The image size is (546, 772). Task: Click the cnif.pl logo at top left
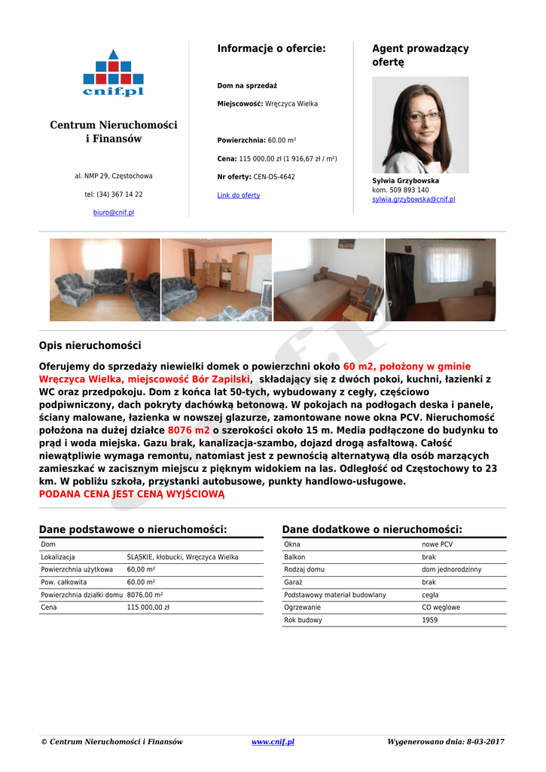[113, 74]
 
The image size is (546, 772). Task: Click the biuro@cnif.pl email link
[114, 213]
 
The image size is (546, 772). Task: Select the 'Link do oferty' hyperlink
[238, 195]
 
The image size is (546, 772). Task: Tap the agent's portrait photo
[419, 124]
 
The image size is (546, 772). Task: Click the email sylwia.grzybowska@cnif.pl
[413, 199]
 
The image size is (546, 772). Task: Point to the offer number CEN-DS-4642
[274, 177]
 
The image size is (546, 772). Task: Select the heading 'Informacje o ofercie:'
[271, 48]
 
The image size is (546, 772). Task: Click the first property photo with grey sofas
[105, 280]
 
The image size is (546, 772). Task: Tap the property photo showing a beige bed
[328, 280]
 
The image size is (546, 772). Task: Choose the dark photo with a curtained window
[441, 280]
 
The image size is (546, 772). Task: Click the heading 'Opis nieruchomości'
[90, 345]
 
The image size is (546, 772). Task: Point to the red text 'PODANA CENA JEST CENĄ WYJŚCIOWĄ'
[132, 494]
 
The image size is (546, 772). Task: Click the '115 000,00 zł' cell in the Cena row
[148, 607]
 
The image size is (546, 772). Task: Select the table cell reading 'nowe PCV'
[438, 544]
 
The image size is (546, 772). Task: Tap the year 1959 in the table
[430, 620]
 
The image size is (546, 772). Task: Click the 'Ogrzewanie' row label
[302, 608]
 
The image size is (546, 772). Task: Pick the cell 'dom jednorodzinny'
[451, 569]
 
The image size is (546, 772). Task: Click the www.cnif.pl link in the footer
[273, 742]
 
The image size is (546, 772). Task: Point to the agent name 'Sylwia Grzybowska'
[405, 181]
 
